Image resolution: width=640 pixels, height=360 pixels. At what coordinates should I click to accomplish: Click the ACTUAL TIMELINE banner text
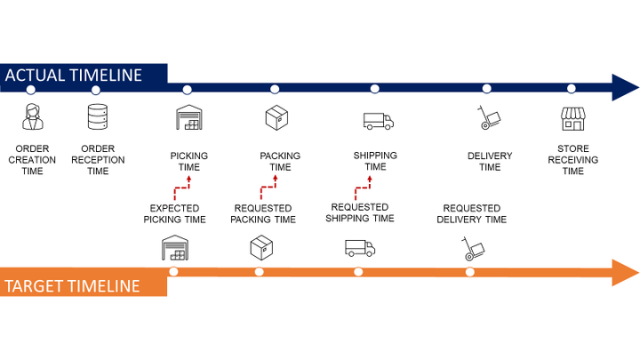tap(73, 76)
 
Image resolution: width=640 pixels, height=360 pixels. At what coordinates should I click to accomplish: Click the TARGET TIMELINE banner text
tap(72, 285)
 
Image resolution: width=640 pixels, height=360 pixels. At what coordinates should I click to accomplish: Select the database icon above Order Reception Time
tap(97, 116)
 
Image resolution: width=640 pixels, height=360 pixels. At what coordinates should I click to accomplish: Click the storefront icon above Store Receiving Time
tap(572, 119)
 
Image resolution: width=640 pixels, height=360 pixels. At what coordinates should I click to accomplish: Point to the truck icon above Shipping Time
tap(378, 121)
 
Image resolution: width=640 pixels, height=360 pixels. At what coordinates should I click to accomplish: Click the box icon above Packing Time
tap(276, 117)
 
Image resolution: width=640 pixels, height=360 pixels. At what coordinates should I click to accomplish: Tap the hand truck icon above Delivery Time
tap(489, 117)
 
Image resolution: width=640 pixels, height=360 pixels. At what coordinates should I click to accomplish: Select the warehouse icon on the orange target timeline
tap(175, 249)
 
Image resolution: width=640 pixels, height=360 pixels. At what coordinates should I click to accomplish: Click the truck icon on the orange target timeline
tap(359, 249)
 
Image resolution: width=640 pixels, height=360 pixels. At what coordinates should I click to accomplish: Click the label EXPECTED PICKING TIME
tap(178, 213)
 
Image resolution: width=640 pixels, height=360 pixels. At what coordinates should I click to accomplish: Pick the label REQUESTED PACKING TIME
tap(263, 213)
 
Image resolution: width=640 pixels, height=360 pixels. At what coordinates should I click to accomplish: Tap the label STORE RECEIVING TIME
tap(572, 160)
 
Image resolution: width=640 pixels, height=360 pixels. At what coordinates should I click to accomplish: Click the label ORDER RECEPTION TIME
tap(98, 160)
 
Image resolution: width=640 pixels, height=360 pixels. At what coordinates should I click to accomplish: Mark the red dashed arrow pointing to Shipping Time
tap(363, 186)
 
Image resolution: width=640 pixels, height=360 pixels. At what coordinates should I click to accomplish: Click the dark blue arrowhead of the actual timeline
tap(624, 87)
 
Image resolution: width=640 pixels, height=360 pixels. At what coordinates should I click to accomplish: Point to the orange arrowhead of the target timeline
tap(624, 271)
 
